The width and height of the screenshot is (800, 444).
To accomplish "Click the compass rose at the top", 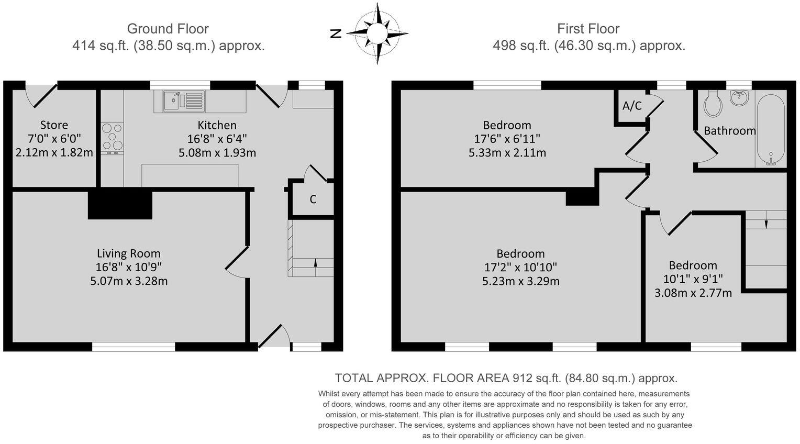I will click(x=376, y=34).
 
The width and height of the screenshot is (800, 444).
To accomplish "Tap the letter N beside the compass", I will click(x=336, y=34).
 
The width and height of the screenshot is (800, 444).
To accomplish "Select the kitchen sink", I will click(x=184, y=101).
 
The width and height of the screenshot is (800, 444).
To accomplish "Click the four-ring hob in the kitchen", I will click(x=112, y=138).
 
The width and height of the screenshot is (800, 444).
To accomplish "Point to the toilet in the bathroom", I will click(x=713, y=104).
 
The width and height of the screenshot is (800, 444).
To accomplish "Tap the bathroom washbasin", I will click(x=739, y=97).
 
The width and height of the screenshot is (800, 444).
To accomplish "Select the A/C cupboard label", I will click(x=632, y=106).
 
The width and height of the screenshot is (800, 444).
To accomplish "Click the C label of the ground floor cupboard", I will click(x=313, y=199).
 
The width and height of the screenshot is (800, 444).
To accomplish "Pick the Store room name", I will click(x=54, y=125).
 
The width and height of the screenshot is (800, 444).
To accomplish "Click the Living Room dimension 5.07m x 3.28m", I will click(x=129, y=281).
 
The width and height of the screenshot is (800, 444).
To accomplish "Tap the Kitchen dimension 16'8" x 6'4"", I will click(x=217, y=139).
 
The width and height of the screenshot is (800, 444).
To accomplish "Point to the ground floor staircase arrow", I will click(x=315, y=262).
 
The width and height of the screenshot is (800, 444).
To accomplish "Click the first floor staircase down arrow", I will click(x=766, y=224).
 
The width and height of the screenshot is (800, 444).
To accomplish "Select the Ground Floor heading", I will click(x=168, y=29).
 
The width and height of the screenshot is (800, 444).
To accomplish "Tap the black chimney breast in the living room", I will click(x=120, y=205).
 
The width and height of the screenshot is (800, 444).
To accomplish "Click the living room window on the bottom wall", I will click(x=134, y=346).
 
